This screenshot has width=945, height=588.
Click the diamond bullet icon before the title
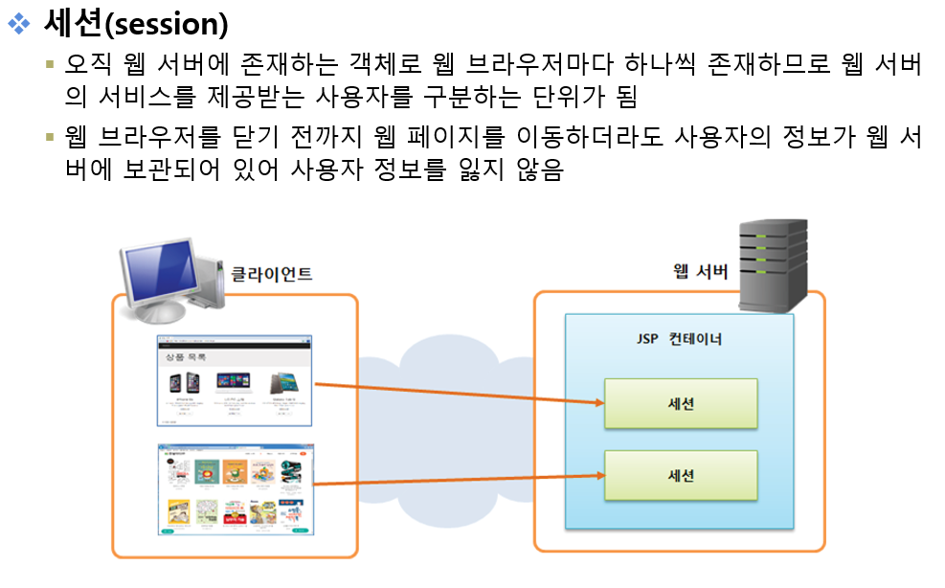tap(18, 24)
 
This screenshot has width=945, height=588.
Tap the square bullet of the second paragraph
tap(50, 137)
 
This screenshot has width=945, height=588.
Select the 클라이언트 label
tap(271, 274)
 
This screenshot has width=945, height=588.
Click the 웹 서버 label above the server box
tap(699, 272)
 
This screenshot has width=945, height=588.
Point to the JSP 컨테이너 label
tap(679, 339)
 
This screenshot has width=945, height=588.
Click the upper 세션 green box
tap(680, 403)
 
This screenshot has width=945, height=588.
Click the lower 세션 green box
tap(680, 475)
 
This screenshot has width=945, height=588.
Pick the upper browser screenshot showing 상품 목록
tap(234, 380)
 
